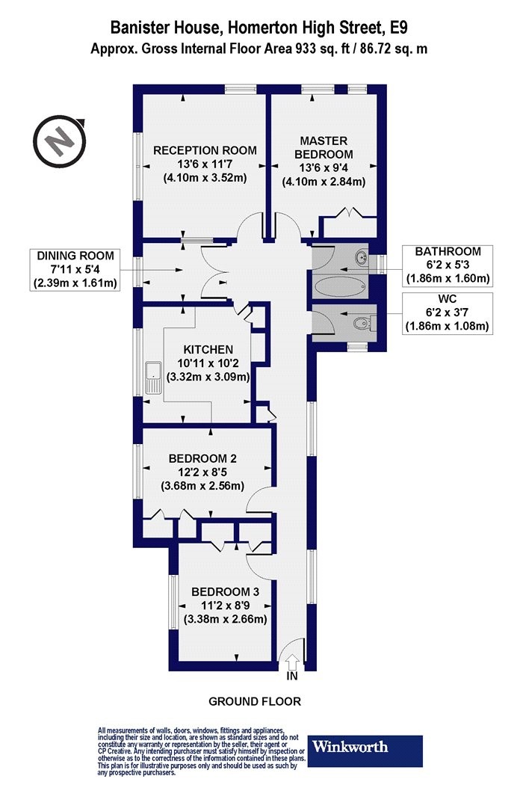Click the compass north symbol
pos(60,142)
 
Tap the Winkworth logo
pos(365,751)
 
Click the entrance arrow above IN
pos(293,663)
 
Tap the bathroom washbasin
pos(362,258)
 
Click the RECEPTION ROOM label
pos(205,150)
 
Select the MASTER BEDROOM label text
pos(324,147)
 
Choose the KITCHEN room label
pos(208,349)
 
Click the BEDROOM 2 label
pos(202,458)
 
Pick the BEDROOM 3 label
pos(225,592)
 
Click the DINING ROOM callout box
pos(75,269)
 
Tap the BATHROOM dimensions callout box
pos(448,265)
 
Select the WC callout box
pos(448,313)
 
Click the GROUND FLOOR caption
pos(255,701)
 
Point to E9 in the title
pos(398,27)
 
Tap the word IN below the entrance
pos(292,677)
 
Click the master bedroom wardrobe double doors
pos(350,212)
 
